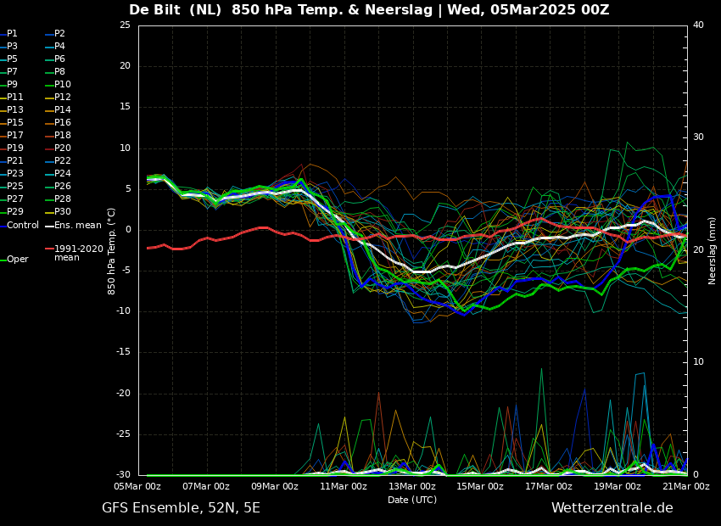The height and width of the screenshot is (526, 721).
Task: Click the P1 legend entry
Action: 12,34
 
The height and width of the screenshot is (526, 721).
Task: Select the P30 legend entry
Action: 63,212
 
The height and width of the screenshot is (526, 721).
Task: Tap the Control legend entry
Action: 23,226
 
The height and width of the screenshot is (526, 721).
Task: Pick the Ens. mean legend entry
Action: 77,226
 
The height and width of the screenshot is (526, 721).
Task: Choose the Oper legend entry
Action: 17,260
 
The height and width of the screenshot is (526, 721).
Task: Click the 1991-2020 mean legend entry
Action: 78,253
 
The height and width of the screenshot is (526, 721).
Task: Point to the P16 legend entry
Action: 63,123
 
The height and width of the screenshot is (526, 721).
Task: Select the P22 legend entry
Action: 63,161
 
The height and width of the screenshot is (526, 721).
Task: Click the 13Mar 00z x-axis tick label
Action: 412,487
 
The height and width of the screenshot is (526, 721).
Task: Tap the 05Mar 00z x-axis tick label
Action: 137,487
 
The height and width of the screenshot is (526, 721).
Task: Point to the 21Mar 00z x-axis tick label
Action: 685,487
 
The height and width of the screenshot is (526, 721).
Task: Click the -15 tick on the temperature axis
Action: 124,352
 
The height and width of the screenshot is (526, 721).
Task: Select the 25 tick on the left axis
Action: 125,25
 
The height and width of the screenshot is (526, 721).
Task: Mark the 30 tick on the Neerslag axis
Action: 698,137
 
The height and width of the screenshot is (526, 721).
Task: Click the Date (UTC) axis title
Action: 412,501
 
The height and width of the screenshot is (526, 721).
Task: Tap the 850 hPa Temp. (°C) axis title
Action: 112,250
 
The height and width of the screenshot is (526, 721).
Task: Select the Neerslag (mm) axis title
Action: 713,250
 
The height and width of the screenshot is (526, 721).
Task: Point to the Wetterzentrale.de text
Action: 612,508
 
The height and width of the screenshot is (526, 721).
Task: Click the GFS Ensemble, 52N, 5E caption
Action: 181,508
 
